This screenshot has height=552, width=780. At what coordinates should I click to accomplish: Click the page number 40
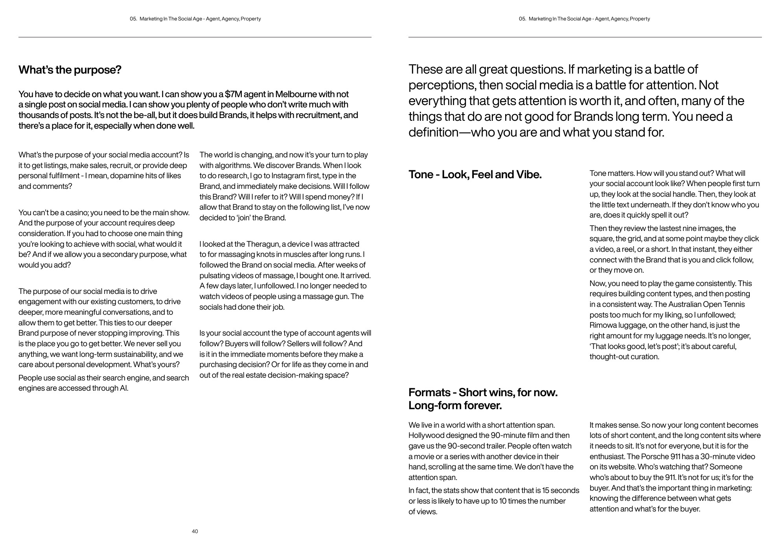[x=195, y=532]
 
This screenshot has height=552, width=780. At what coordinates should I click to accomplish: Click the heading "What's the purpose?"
[x=70, y=70]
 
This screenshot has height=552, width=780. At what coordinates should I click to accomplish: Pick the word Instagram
[x=287, y=176]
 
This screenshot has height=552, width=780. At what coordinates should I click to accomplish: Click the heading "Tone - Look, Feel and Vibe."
[x=475, y=175]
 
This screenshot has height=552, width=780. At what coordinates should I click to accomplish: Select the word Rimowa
[x=603, y=325]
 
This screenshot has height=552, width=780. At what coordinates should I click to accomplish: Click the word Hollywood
[x=426, y=436]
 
